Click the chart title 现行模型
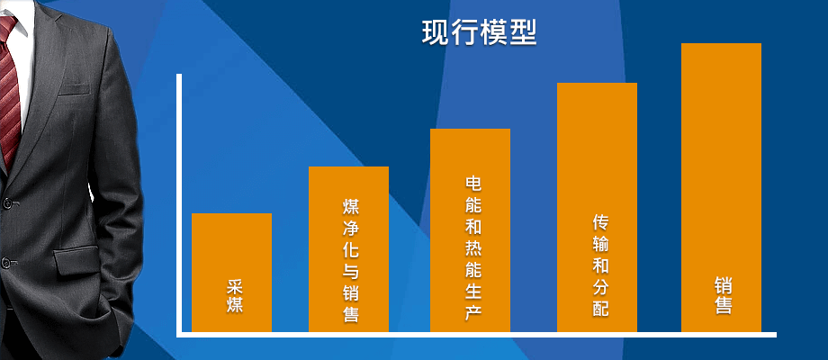pos(480,32)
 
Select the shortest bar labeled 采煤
pos(232,273)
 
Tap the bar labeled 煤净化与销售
pos(348,249)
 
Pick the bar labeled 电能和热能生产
pos(470,230)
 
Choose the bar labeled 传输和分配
pos(597,207)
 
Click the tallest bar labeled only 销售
pos(721,187)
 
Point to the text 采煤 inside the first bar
pos(235,296)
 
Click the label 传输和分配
pos(600,265)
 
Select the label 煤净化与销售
pos(351,260)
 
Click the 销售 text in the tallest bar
pos(724,297)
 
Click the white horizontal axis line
pos(476,334)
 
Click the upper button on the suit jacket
pos(7,202)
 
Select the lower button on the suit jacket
pos(5,261)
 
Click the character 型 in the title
pos(524,32)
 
